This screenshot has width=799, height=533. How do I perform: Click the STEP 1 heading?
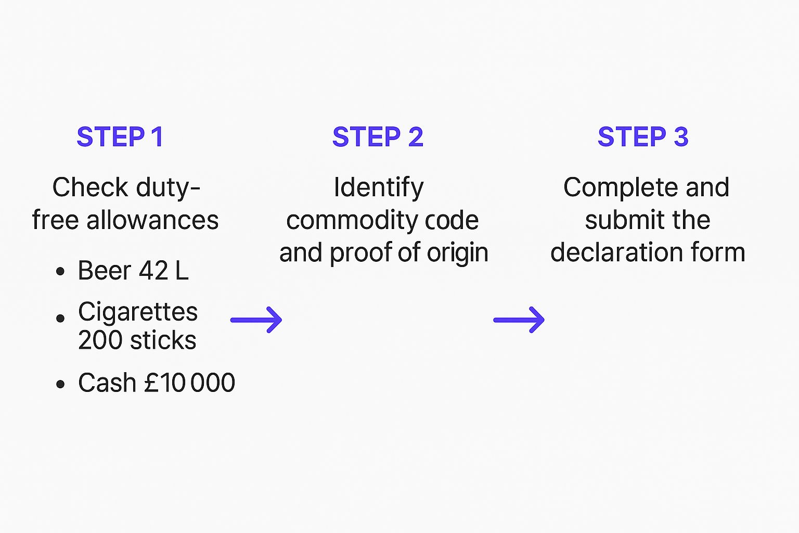(x=120, y=137)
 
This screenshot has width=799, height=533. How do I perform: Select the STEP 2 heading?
(x=378, y=137)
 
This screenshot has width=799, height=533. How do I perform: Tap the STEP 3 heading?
(x=643, y=137)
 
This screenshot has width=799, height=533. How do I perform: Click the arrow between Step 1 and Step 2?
(x=256, y=320)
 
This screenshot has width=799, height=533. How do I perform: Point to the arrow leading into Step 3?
(x=519, y=320)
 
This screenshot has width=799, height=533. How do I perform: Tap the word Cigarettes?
(x=138, y=312)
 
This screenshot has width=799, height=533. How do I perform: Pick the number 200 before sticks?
(x=101, y=340)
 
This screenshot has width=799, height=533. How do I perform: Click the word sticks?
(x=163, y=340)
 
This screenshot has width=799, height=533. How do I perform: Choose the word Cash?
(x=107, y=383)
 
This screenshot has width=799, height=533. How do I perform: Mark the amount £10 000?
(x=189, y=383)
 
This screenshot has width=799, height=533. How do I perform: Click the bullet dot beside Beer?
(x=61, y=272)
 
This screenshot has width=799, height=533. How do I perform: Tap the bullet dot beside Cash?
(x=61, y=384)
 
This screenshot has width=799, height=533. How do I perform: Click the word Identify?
(x=379, y=187)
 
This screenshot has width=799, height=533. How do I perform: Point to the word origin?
(x=458, y=253)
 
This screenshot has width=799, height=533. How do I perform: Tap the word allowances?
(x=152, y=220)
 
